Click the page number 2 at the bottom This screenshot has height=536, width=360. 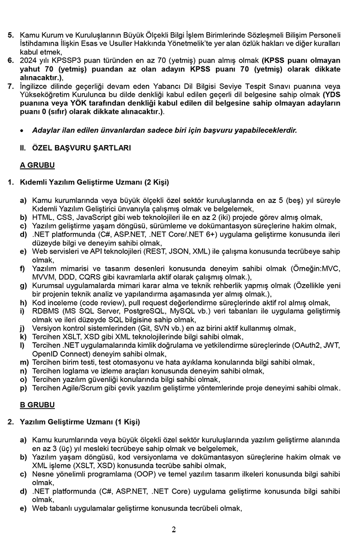(x=174, y=529)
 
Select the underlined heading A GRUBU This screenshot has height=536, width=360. (x=37, y=165)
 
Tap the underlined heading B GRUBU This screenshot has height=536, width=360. (x=37, y=405)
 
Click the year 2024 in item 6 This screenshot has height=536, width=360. (x=28, y=60)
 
